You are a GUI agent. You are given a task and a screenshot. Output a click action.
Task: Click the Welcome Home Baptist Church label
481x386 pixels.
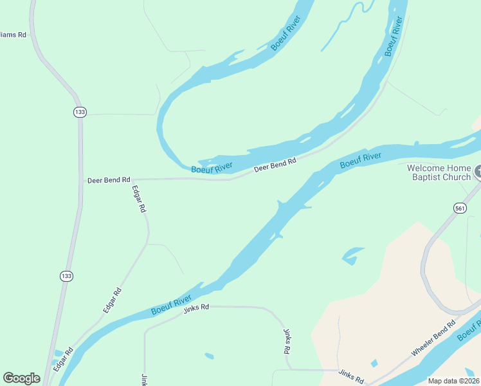(439, 172)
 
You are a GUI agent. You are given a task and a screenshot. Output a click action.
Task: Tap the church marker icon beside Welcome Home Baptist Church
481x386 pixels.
(478, 172)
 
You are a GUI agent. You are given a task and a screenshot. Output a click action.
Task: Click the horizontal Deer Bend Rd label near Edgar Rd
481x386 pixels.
(109, 181)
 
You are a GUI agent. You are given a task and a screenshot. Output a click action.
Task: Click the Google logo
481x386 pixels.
(21, 378)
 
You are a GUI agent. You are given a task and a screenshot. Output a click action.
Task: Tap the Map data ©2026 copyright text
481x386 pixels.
(453, 380)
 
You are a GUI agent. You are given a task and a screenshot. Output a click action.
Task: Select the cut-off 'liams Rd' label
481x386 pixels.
(13, 35)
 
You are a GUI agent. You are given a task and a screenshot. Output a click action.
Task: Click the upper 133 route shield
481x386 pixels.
(79, 112)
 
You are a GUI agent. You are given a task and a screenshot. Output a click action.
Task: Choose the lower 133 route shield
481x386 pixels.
(66, 275)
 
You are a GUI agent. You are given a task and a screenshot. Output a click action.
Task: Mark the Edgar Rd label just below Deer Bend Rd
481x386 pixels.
(139, 199)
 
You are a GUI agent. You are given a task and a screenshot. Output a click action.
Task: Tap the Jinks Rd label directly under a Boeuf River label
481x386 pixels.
(196, 308)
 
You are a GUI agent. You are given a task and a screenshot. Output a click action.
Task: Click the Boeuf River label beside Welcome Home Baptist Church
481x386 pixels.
(360, 160)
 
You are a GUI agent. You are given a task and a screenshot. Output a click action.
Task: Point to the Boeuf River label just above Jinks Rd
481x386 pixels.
(172, 306)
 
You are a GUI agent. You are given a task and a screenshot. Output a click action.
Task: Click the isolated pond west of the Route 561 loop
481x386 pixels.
(353, 255)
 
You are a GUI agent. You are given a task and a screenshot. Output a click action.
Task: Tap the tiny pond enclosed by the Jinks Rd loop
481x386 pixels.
(208, 356)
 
